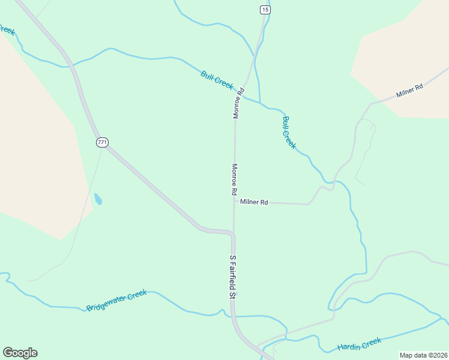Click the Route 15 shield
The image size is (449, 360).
(265, 10)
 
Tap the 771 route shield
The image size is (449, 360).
(102, 142)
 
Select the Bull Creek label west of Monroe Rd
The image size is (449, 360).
(217, 80)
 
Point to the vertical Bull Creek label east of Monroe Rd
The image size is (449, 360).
(289, 133)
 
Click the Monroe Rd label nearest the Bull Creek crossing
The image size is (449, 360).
(239, 103)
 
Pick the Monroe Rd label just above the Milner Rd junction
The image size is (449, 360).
(235, 179)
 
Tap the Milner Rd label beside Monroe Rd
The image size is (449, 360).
(254, 202)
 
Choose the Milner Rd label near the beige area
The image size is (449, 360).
(410, 91)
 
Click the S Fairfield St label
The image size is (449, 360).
(234, 275)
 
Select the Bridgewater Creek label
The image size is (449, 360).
(116, 300)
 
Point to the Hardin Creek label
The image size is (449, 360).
(359, 344)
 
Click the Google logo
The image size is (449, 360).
(20, 353)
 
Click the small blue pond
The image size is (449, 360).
(98, 199)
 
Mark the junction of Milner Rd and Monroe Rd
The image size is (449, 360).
(234, 202)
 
